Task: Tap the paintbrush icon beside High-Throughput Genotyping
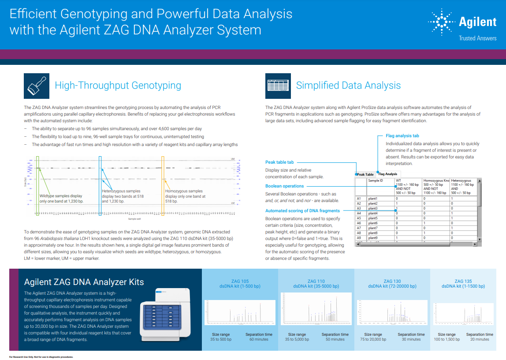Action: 37,86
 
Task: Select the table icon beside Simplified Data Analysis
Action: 278,86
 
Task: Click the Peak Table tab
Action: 365,174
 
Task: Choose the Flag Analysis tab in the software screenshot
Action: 387,174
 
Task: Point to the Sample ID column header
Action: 376,180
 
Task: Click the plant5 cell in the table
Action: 373,218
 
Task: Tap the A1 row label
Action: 359,199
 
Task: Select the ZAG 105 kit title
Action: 240,281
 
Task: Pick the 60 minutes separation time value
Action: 259,339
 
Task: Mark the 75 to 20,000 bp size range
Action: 373,339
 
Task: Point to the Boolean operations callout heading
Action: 284,186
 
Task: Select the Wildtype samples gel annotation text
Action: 61,199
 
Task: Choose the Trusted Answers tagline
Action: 477,38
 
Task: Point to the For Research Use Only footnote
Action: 41,356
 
